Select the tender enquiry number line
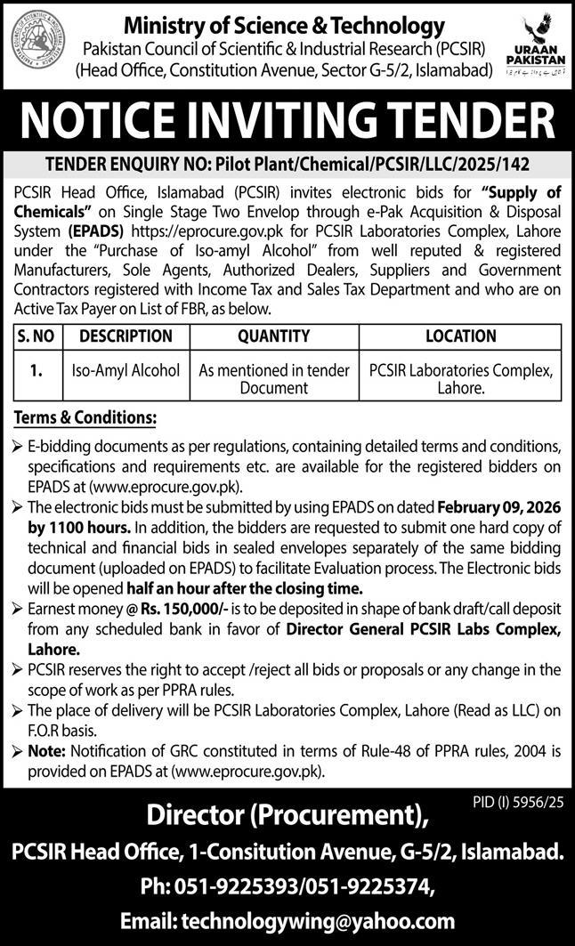[287, 164]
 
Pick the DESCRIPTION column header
[125, 336]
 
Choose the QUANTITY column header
[273, 336]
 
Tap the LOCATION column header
[460, 336]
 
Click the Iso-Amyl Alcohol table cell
[125, 369]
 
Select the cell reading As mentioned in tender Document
[273, 378]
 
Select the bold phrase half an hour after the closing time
[259, 588]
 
